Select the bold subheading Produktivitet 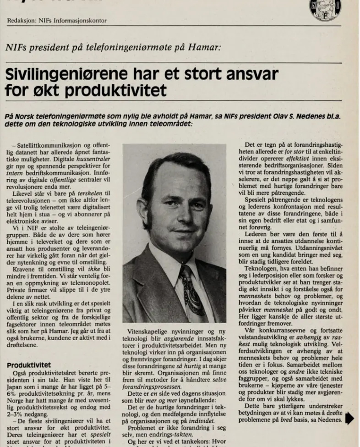click(x=28, y=365)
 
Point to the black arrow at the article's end click(x=350, y=419)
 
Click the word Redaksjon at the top click(x=22, y=21)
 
